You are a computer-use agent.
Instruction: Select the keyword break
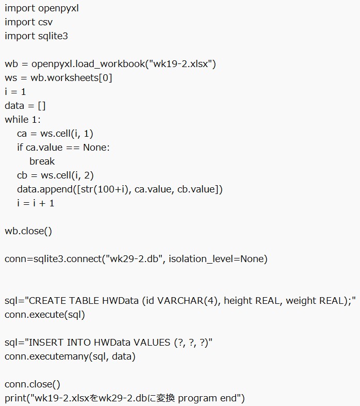pyautogui.click(x=42, y=161)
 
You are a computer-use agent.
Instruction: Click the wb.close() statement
pyautogui.click(x=28, y=231)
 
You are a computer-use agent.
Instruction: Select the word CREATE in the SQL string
pyautogui.click(x=47, y=301)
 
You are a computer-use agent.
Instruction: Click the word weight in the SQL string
pyautogui.click(x=301, y=301)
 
